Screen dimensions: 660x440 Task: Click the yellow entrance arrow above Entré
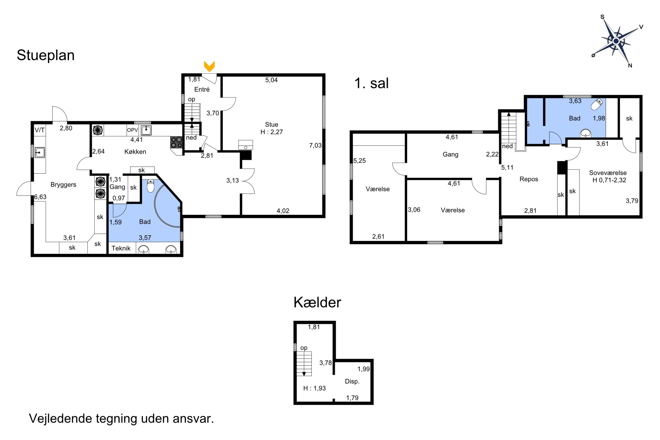[x=209, y=66]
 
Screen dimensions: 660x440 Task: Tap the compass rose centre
[x=616, y=41]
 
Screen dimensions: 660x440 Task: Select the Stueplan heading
[x=46, y=55]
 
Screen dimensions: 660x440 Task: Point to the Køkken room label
[x=135, y=152]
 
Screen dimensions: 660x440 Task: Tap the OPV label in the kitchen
[x=132, y=130]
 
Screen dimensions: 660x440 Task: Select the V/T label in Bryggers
[x=40, y=130]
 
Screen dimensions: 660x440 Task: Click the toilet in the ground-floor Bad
[x=151, y=186]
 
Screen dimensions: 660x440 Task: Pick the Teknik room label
[x=121, y=248]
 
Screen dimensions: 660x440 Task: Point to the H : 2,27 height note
[x=272, y=132]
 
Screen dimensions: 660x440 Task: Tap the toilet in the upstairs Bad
[x=597, y=104]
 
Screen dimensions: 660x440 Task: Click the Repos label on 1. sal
[x=529, y=179]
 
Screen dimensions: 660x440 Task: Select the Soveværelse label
[x=608, y=173]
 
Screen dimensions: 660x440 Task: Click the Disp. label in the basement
[x=352, y=381]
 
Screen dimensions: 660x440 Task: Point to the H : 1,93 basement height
[x=315, y=388]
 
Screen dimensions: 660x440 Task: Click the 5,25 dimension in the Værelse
[x=359, y=161]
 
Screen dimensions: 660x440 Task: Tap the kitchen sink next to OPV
[x=146, y=130]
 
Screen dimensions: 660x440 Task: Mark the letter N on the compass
[x=630, y=65]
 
